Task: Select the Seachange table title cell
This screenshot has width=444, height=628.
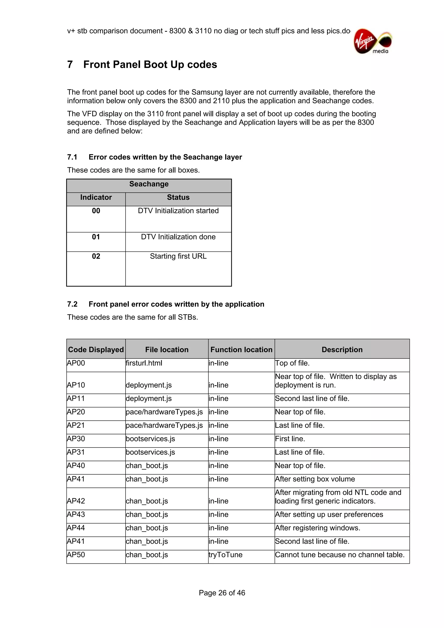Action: pos(149,184)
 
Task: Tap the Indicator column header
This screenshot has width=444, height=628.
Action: pos(96,197)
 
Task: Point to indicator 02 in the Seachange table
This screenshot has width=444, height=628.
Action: pos(96,256)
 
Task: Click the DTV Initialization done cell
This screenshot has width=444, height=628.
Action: pos(178,237)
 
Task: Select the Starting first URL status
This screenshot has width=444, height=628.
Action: pos(178,256)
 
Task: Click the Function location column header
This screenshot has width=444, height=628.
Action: pos(241,350)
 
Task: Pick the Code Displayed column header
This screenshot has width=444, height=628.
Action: pos(96,350)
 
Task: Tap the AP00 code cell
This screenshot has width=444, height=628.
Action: pos(76,363)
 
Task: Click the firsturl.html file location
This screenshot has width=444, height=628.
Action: pos(144,363)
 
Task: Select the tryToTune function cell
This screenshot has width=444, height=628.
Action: pos(225,555)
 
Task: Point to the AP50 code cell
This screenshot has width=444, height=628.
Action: pos(76,555)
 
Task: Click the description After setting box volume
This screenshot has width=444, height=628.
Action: pos(315,479)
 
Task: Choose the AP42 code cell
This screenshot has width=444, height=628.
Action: pos(76,501)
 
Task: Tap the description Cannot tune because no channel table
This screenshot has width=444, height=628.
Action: pos(340,555)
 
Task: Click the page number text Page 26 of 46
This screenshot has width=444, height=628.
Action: pos(222,593)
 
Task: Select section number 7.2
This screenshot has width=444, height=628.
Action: pos(72,304)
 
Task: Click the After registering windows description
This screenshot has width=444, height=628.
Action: pos(318,528)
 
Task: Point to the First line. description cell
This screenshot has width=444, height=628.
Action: pos(290,439)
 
